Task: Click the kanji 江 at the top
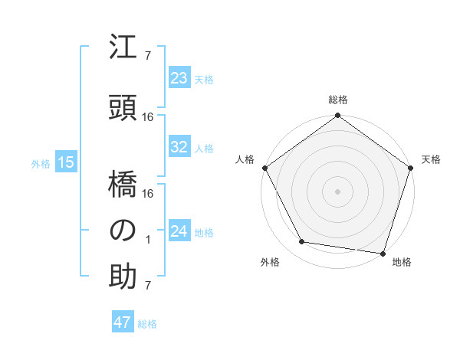coord(123,51)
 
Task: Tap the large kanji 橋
coord(123,185)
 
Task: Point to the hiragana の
coord(123,231)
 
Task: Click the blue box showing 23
coord(179,78)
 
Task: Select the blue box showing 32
coord(179,147)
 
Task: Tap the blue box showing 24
coord(179,231)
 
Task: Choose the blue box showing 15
coord(65,162)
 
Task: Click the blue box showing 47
coord(123,322)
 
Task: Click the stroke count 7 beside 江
coord(148,56)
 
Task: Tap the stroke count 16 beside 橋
coord(148,194)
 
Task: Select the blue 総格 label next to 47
coord(147,324)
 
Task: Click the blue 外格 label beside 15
coord(41,163)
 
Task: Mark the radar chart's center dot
coord(337,190)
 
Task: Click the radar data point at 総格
coord(337,116)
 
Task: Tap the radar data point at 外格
coord(303,243)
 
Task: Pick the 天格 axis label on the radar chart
coord(432,159)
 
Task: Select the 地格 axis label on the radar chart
coord(402,262)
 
